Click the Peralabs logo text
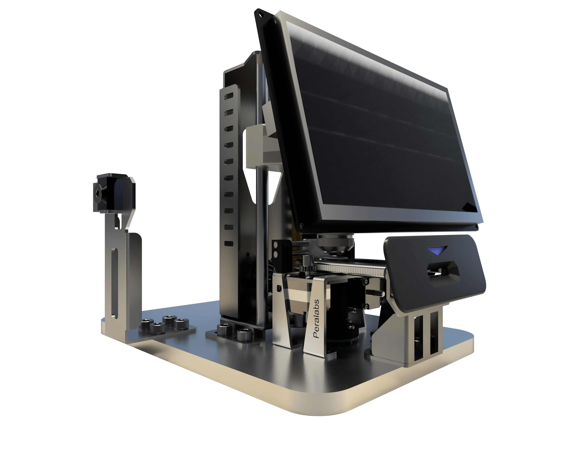click(x=317, y=319)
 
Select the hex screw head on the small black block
click(x=97, y=193)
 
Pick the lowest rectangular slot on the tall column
click(x=229, y=244)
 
